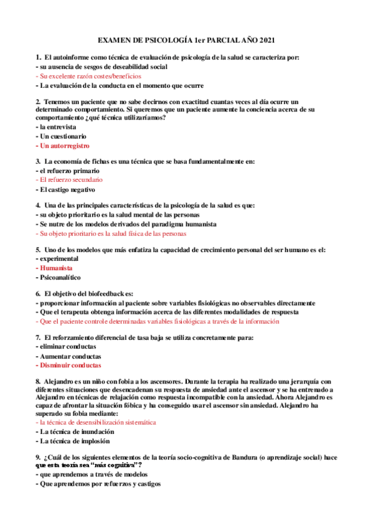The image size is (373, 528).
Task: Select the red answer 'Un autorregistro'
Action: (x=64, y=146)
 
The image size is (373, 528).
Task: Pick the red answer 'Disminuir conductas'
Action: (x=70, y=365)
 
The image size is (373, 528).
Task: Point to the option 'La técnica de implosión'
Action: (x=75, y=441)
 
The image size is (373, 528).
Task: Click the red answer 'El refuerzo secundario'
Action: (x=71, y=180)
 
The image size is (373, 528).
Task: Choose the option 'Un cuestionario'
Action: (x=62, y=136)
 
